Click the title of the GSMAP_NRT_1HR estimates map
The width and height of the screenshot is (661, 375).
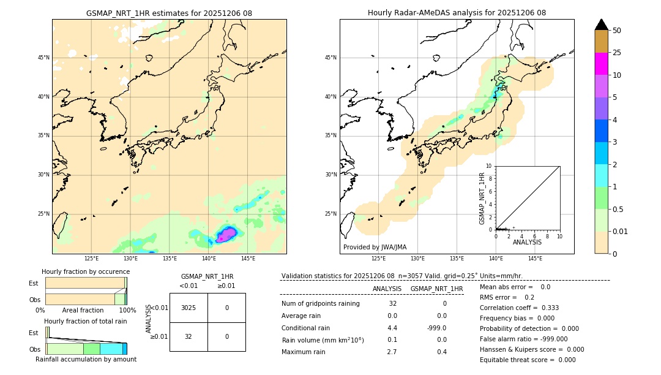[x=169, y=13]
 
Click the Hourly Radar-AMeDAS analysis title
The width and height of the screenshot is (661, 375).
[x=457, y=13]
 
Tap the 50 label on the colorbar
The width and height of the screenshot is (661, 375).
[x=617, y=31]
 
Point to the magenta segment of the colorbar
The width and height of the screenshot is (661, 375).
[x=602, y=64]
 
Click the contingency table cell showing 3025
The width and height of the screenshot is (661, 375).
[x=189, y=308]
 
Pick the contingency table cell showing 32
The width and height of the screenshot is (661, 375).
[x=189, y=336]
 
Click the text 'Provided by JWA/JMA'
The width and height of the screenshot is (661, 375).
[x=375, y=247]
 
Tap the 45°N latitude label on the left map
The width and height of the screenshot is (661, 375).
[x=43, y=58]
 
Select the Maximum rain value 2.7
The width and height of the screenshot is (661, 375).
[x=392, y=352]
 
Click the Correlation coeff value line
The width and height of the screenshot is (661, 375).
[x=519, y=308]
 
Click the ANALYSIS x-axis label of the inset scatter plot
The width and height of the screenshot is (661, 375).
[x=527, y=242]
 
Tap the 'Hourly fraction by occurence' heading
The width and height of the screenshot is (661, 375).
[x=86, y=271]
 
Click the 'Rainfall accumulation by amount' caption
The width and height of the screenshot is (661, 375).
[x=86, y=359]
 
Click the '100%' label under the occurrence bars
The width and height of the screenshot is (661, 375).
[x=127, y=310]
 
